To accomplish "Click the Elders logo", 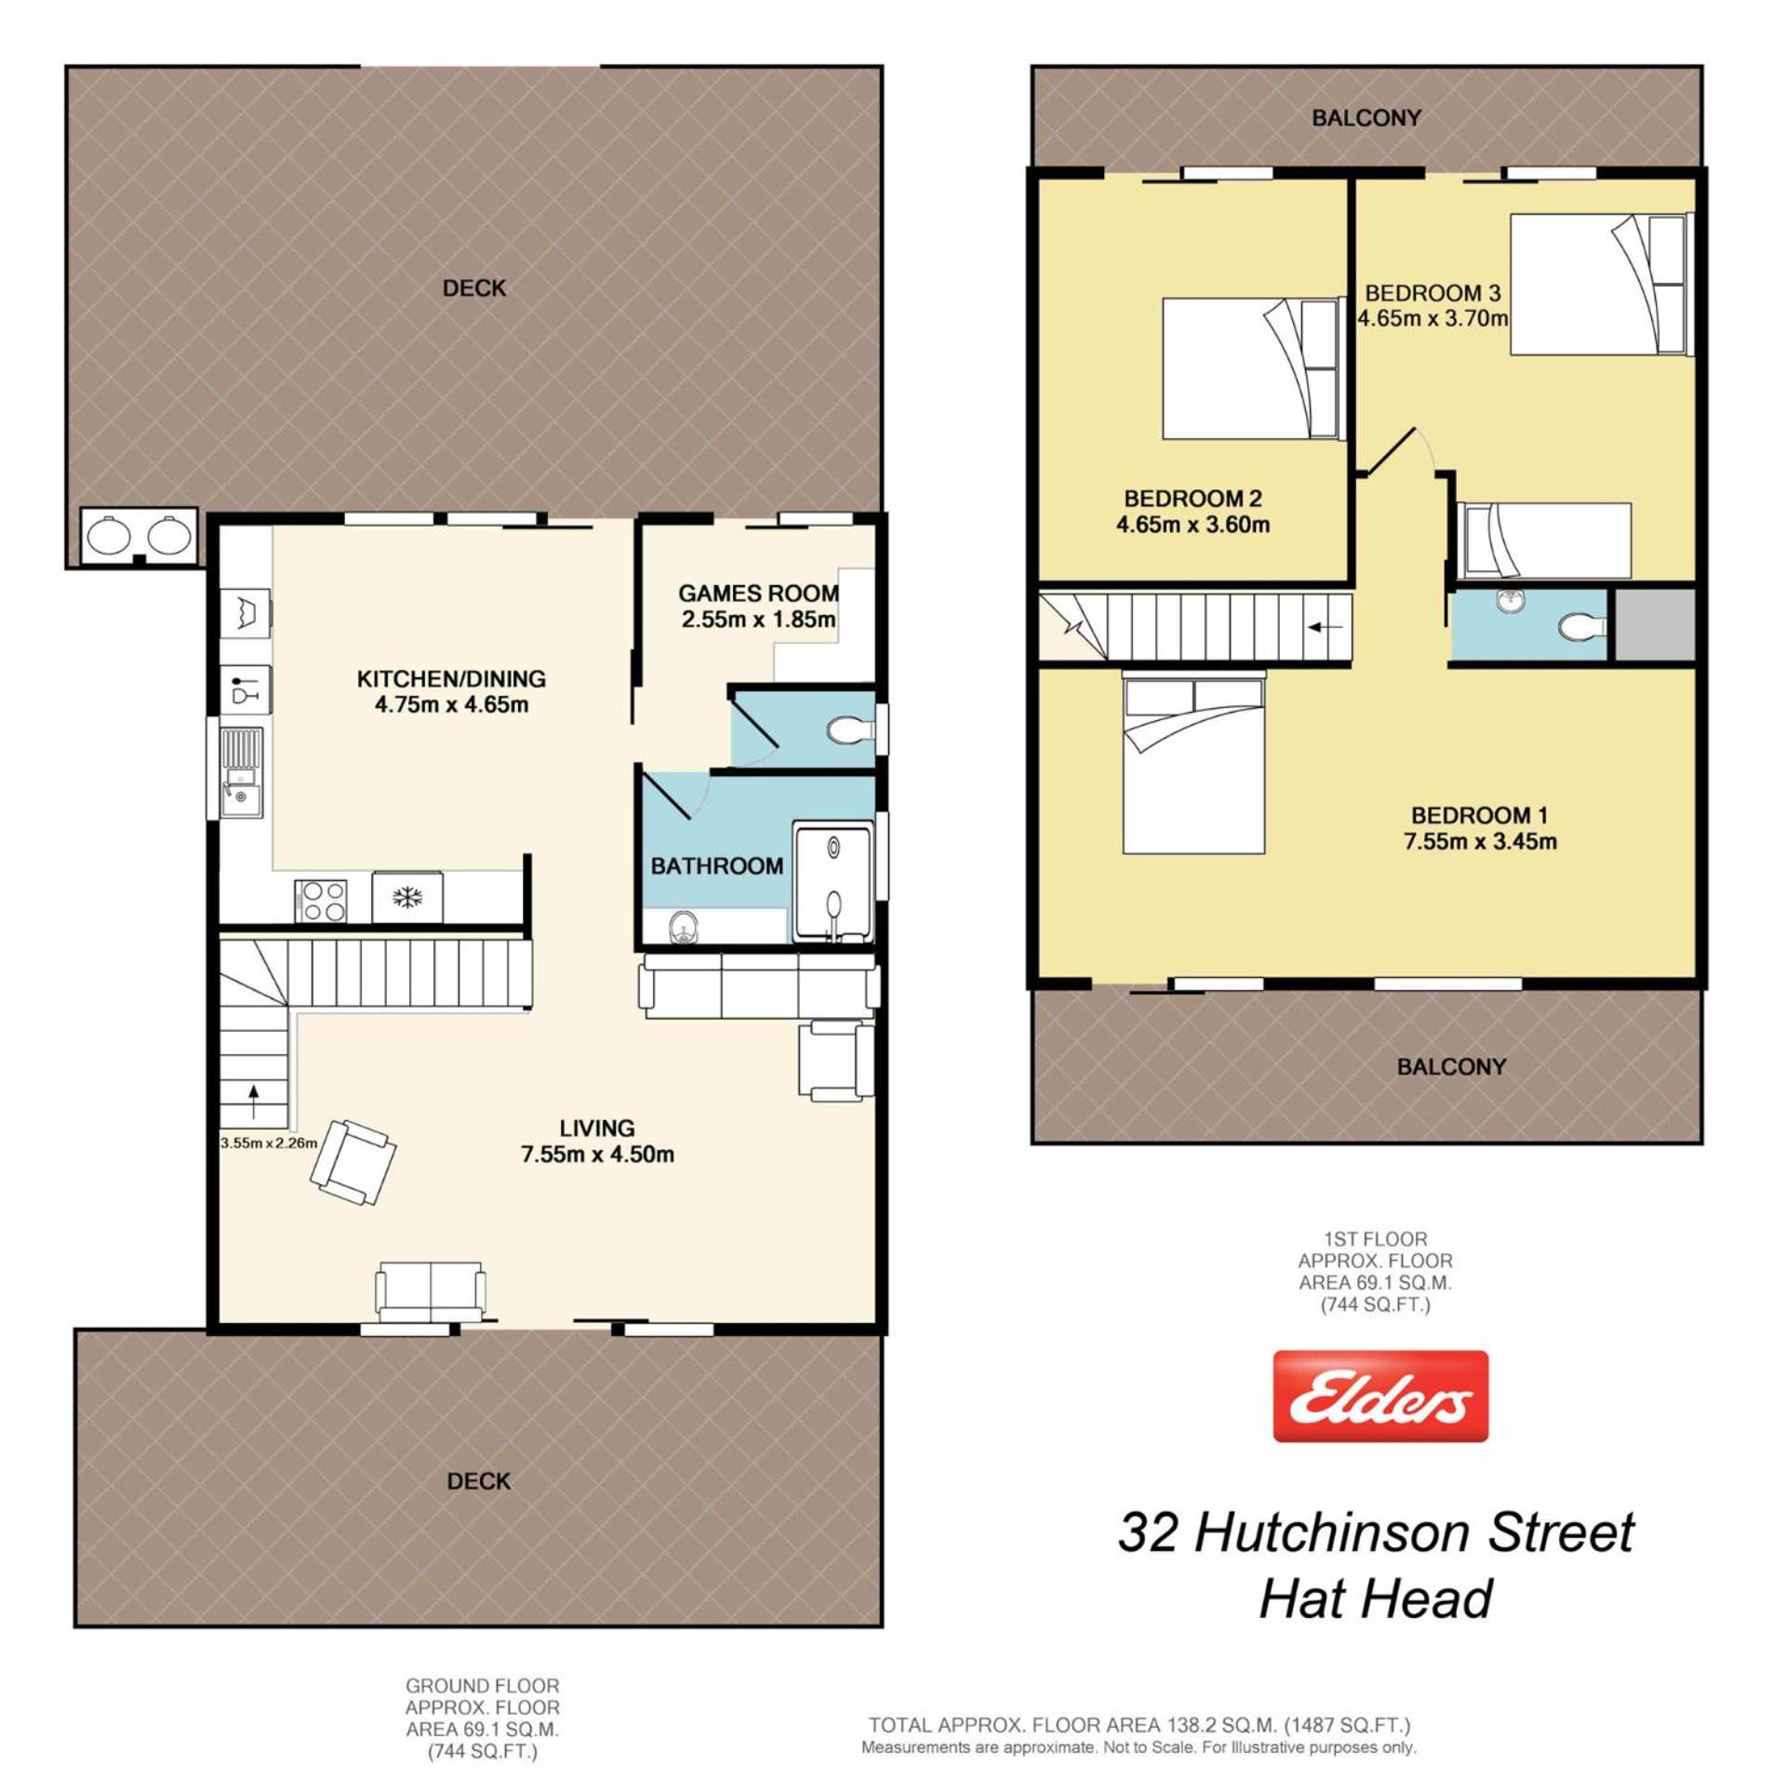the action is click(x=1380, y=1397).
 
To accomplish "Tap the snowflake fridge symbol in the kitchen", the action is click(x=407, y=898).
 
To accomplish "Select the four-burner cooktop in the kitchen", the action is click(x=321, y=901).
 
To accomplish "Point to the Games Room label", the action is click(x=758, y=594).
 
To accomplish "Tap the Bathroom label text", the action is click(x=716, y=866).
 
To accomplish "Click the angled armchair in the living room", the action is click(x=353, y=1162).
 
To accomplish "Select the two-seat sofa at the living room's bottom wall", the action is click(x=431, y=1291).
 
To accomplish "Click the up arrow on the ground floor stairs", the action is click(x=253, y=1103).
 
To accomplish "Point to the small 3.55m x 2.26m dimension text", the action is click(x=269, y=1143).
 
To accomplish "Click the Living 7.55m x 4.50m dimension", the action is click(x=597, y=1155).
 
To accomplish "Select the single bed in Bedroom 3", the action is click(x=1544, y=541).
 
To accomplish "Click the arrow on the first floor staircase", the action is click(x=1325, y=627).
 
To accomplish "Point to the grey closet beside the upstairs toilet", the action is click(x=1655, y=625).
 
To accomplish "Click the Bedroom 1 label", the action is click(x=1479, y=816).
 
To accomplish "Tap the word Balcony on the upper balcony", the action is click(x=1366, y=118).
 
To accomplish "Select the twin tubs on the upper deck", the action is click(x=140, y=535).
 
